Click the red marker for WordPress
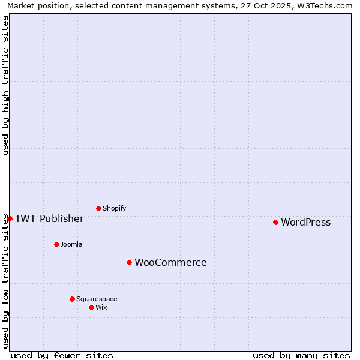click(275, 222)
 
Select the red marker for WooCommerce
click(129, 262)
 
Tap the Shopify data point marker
click(98, 208)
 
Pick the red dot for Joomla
click(56, 244)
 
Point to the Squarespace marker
click(72, 299)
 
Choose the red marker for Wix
click(91, 307)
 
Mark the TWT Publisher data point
click(10, 218)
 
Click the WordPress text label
click(305, 223)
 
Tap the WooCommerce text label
click(170, 263)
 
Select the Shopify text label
click(114, 209)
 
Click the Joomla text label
click(71, 245)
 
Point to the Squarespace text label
click(97, 299)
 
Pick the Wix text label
click(101, 308)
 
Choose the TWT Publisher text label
click(49, 218)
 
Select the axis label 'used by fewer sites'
click(62, 355)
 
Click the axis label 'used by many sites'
click(301, 355)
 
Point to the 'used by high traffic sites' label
click(5, 85)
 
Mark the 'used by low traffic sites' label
click(5, 281)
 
